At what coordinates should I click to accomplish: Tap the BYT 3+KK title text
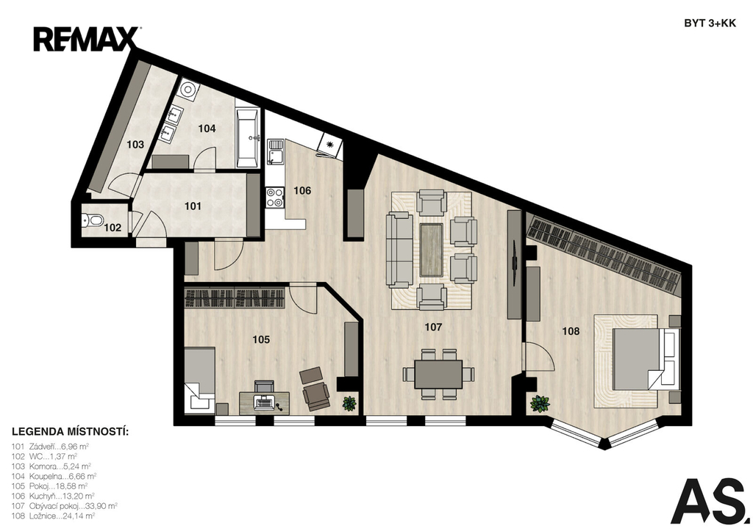[710, 24]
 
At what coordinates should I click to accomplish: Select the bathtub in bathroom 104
[248, 137]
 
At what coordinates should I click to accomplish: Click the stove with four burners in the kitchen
[275, 196]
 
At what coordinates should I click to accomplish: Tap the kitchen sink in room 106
[275, 151]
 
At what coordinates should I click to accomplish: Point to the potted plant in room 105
[349, 403]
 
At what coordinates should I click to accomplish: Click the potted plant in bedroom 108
[540, 403]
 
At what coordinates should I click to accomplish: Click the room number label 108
[571, 331]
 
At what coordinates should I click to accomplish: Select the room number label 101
[193, 206]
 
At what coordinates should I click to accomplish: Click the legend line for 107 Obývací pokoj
[65, 505]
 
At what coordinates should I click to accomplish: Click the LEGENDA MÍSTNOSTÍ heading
[70, 431]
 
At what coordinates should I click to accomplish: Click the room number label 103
[135, 145]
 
